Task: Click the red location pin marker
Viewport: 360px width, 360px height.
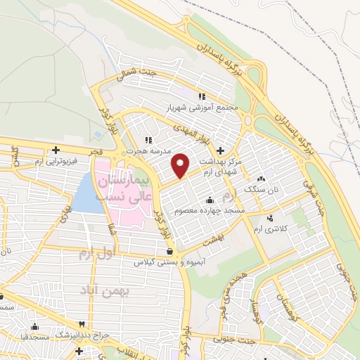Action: pos(181,165)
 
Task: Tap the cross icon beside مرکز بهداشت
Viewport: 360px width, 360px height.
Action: pos(221,150)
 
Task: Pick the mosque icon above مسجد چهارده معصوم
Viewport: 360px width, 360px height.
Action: pos(210,200)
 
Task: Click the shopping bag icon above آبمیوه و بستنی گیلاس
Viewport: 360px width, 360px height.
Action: pos(169,250)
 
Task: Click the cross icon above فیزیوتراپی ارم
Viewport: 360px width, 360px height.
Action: pos(56,150)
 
